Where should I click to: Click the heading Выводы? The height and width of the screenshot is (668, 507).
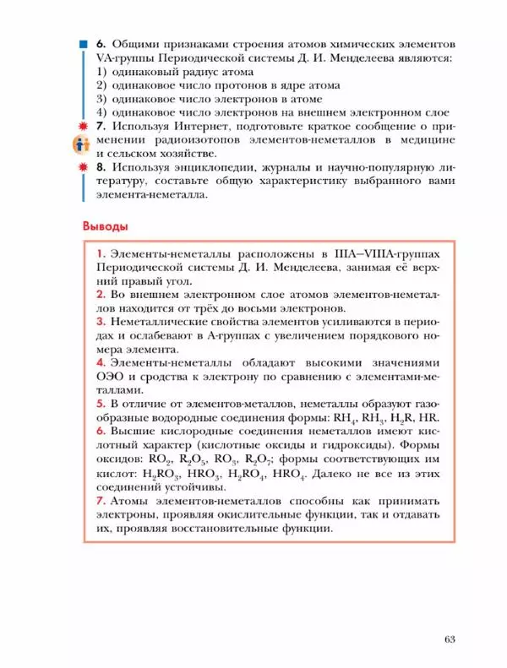(x=106, y=226)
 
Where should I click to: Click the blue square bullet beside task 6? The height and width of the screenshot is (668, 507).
(x=83, y=42)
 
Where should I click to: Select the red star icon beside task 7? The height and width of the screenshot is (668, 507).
(x=83, y=126)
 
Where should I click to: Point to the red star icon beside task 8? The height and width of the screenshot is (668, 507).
(x=83, y=167)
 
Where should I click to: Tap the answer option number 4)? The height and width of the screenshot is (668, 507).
(x=101, y=111)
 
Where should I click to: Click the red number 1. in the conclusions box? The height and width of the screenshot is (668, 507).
(x=101, y=253)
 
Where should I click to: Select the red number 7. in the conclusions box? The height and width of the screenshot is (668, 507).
(x=101, y=502)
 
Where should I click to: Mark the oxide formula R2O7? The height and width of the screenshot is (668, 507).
(x=282, y=460)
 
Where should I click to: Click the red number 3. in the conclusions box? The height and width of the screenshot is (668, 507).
(x=101, y=322)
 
